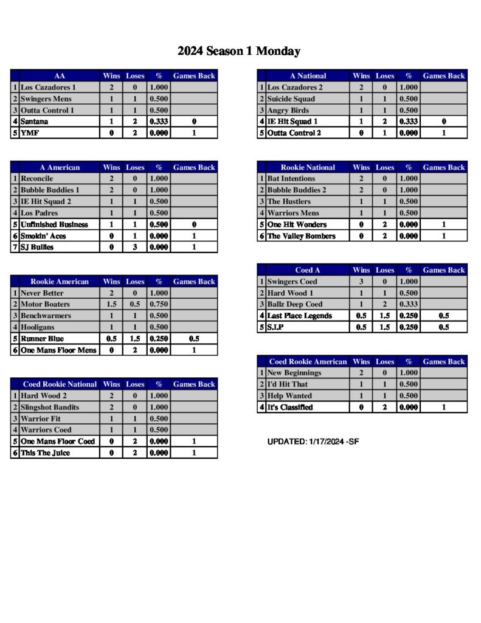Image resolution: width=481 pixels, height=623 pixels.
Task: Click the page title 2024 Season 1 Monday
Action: [239, 51]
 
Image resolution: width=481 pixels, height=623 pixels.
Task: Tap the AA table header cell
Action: [60, 76]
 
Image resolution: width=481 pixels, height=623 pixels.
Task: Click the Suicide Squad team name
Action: [291, 99]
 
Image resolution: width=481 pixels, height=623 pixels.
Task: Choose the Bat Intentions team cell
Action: [291, 179]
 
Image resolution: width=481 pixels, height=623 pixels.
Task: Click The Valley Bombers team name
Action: [302, 236]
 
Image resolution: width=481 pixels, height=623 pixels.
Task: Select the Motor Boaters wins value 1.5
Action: [112, 304]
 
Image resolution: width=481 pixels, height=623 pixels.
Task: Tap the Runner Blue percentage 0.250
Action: [159, 339]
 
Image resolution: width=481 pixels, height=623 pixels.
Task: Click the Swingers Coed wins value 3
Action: [361, 282]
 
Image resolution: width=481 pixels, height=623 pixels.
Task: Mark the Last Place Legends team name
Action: [300, 316]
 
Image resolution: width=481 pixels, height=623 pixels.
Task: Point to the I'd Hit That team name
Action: [288, 385]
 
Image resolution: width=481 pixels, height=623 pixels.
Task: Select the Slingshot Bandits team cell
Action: [50, 408]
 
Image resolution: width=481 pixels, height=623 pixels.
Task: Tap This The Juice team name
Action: [45, 453]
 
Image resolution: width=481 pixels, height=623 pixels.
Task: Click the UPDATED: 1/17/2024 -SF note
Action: [313, 441]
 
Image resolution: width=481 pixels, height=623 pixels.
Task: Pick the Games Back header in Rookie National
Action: [444, 167]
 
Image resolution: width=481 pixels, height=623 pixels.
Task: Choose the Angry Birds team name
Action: [288, 111]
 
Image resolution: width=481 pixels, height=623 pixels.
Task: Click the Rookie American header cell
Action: [60, 282]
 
